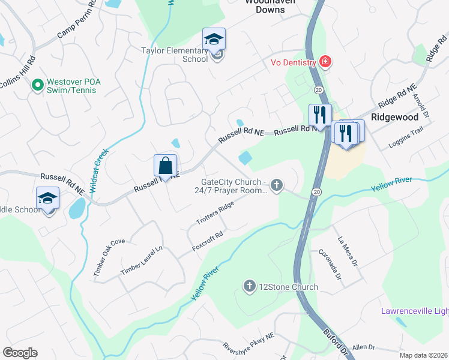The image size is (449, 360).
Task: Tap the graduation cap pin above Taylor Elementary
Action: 214,40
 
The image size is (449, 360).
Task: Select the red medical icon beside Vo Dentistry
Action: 325,62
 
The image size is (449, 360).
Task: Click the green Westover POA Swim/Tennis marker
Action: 37,85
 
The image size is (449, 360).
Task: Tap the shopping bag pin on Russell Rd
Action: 165,166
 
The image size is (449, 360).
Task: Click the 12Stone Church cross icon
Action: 250,287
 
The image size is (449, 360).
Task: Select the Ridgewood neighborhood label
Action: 394,117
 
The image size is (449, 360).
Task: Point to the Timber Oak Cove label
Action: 109,257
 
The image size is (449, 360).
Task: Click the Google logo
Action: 20,353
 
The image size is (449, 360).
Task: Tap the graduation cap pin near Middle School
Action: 47,200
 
